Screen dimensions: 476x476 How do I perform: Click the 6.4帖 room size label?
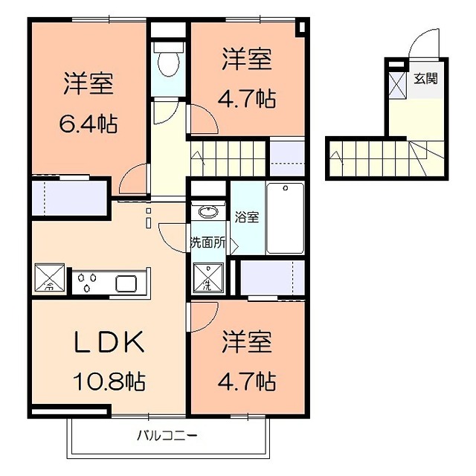88,124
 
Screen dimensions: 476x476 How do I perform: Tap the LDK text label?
109,342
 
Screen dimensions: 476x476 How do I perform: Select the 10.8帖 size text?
109,382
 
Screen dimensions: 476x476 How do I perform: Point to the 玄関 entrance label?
426,79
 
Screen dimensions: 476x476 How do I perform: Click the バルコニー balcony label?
167,436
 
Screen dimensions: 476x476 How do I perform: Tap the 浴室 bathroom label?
246,217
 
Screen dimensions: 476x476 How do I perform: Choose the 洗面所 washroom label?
208,243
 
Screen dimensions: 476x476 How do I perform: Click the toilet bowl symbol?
169,60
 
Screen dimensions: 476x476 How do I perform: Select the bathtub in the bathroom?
286,218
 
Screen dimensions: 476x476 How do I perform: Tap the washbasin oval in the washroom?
208,211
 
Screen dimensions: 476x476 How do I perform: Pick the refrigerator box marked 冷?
50,278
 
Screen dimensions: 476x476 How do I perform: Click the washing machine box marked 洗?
208,277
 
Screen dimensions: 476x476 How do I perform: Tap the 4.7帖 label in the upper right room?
247,99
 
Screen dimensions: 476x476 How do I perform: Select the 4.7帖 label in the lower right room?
247,382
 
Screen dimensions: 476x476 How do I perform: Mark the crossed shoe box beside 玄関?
397,86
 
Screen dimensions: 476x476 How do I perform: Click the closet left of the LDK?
69,199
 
